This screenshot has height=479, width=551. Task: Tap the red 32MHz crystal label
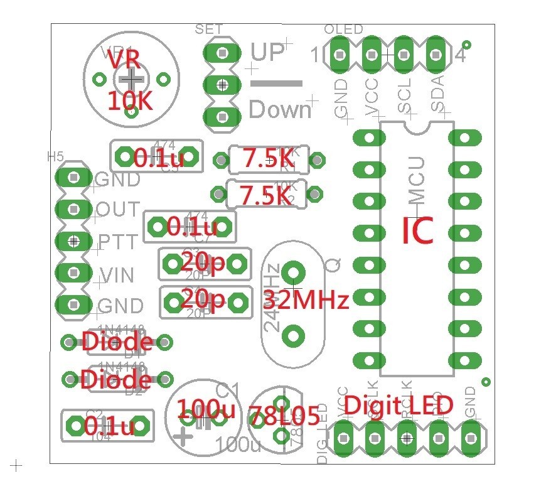point(306,300)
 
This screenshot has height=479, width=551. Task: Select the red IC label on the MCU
point(417,230)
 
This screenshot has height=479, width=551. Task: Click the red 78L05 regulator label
point(284,416)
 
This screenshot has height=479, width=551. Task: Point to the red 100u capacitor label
point(205,410)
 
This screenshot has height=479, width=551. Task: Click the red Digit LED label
point(399,405)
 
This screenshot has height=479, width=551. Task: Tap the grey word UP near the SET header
point(268,53)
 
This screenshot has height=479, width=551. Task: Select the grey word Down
point(280,110)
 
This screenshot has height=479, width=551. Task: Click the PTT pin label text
point(119,242)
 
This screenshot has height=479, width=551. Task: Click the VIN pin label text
point(118,274)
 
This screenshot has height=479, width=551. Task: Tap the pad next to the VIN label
point(74,272)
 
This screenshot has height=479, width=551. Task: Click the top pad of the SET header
point(222,53)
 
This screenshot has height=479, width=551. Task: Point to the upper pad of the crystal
point(292,272)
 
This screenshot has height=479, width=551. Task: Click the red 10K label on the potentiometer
point(130,100)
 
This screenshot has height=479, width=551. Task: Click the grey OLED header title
point(343,30)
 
